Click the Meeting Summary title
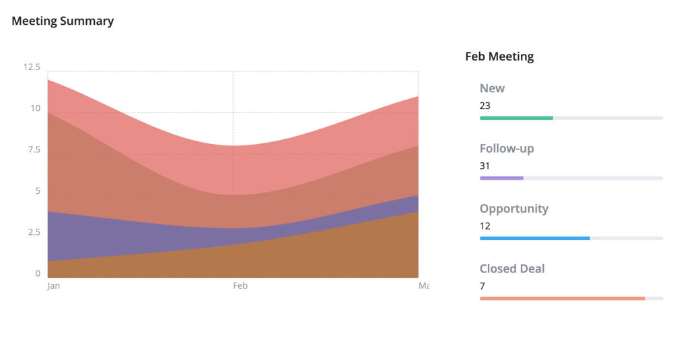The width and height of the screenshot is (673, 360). pyautogui.click(x=63, y=21)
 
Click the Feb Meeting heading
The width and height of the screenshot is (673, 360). pyautogui.click(x=499, y=57)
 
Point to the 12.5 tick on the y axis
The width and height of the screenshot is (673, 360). pyautogui.click(x=32, y=67)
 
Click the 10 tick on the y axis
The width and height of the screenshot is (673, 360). pyautogui.click(x=35, y=108)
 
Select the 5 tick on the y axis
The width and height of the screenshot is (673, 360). pyautogui.click(x=38, y=191)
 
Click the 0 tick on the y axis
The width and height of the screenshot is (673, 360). pyautogui.click(x=38, y=274)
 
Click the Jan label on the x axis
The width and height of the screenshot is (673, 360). pyautogui.click(x=54, y=286)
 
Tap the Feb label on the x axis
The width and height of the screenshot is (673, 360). pyautogui.click(x=240, y=286)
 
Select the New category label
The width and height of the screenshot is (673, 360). pyautogui.click(x=492, y=88)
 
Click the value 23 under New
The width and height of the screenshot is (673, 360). pyautogui.click(x=485, y=106)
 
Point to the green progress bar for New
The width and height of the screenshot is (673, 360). pyautogui.click(x=516, y=118)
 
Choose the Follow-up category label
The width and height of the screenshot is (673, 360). pyautogui.click(x=507, y=148)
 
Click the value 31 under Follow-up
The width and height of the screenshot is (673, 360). pyautogui.click(x=485, y=166)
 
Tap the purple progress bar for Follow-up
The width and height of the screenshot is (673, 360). pyautogui.click(x=501, y=178)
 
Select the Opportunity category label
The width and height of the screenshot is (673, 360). pyautogui.click(x=514, y=209)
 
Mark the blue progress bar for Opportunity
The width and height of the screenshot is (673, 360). pyautogui.click(x=534, y=238)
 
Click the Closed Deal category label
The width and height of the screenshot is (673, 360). pyautogui.click(x=512, y=268)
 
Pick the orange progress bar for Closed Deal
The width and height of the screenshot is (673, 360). pyautogui.click(x=562, y=298)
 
